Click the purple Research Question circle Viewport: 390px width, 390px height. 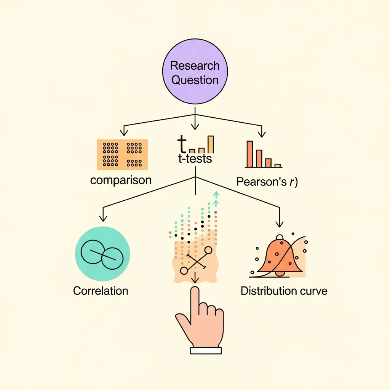[195, 73]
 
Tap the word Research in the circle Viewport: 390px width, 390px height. [195, 66]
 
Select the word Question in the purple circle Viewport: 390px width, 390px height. [195, 80]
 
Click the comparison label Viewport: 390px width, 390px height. [121, 180]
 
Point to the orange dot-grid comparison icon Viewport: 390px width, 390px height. [123, 154]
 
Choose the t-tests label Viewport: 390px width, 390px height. [195, 159]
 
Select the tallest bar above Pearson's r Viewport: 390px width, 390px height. [250, 153]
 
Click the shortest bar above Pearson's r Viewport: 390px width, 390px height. [278, 165]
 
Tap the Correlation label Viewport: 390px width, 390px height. [101, 291]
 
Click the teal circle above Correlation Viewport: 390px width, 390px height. [102, 254]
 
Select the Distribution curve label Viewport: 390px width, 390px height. [284, 291]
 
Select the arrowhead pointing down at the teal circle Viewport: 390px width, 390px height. [102, 219]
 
